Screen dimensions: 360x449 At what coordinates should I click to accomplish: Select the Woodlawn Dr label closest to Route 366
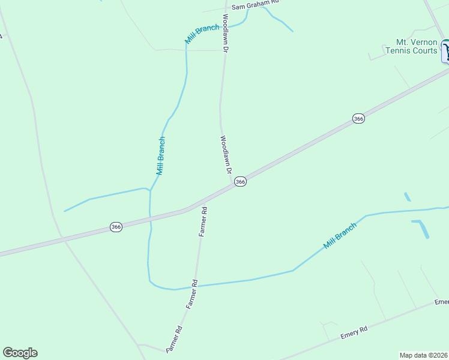click(225, 155)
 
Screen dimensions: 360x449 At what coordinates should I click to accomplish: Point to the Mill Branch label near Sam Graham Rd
click(202, 34)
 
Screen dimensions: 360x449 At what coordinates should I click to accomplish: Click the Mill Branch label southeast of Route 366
click(340, 235)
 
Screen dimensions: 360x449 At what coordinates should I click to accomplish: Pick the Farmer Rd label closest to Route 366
click(203, 221)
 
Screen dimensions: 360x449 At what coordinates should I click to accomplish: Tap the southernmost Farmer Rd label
click(173, 339)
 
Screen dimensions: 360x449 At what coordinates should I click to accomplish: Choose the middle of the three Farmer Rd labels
click(191, 294)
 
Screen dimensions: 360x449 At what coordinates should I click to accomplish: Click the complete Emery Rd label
click(354, 332)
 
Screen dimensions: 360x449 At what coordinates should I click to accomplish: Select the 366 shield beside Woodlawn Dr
click(240, 181)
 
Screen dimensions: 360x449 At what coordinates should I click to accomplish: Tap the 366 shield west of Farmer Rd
click(116, 227)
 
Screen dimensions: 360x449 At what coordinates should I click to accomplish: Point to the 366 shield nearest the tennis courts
click(358, 118)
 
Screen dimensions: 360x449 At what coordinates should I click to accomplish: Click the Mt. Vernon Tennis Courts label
click(411, 46)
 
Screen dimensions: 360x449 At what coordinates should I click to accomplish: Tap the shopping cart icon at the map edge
click(446, 50)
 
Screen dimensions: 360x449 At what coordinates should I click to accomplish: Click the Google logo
click(20, 353)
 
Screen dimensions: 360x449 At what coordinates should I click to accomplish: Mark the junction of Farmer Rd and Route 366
click(206, 200)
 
